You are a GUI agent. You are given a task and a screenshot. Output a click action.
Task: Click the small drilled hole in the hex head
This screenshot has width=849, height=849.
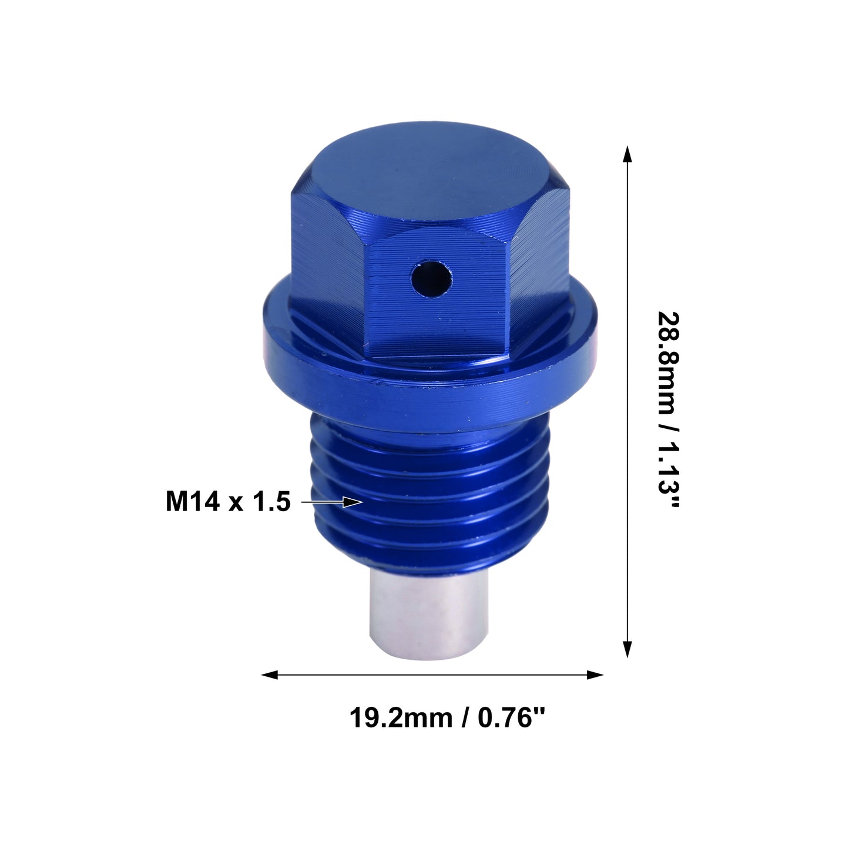coord(431,279)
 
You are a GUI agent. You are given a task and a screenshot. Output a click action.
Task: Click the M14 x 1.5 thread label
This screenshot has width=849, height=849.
coord(228,502)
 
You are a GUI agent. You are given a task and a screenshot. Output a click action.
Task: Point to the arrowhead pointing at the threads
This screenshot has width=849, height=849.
coord(353,502)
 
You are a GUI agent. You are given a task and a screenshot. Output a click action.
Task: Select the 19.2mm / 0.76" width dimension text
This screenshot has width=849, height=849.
coord(447,718)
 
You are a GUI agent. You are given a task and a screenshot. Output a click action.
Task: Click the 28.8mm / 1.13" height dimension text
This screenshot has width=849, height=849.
coord(669,410)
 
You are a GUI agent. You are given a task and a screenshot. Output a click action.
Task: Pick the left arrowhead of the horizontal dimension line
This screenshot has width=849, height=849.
coord(270,674)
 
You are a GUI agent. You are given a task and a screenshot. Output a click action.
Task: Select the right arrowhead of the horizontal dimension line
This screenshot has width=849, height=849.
coord(595,674)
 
